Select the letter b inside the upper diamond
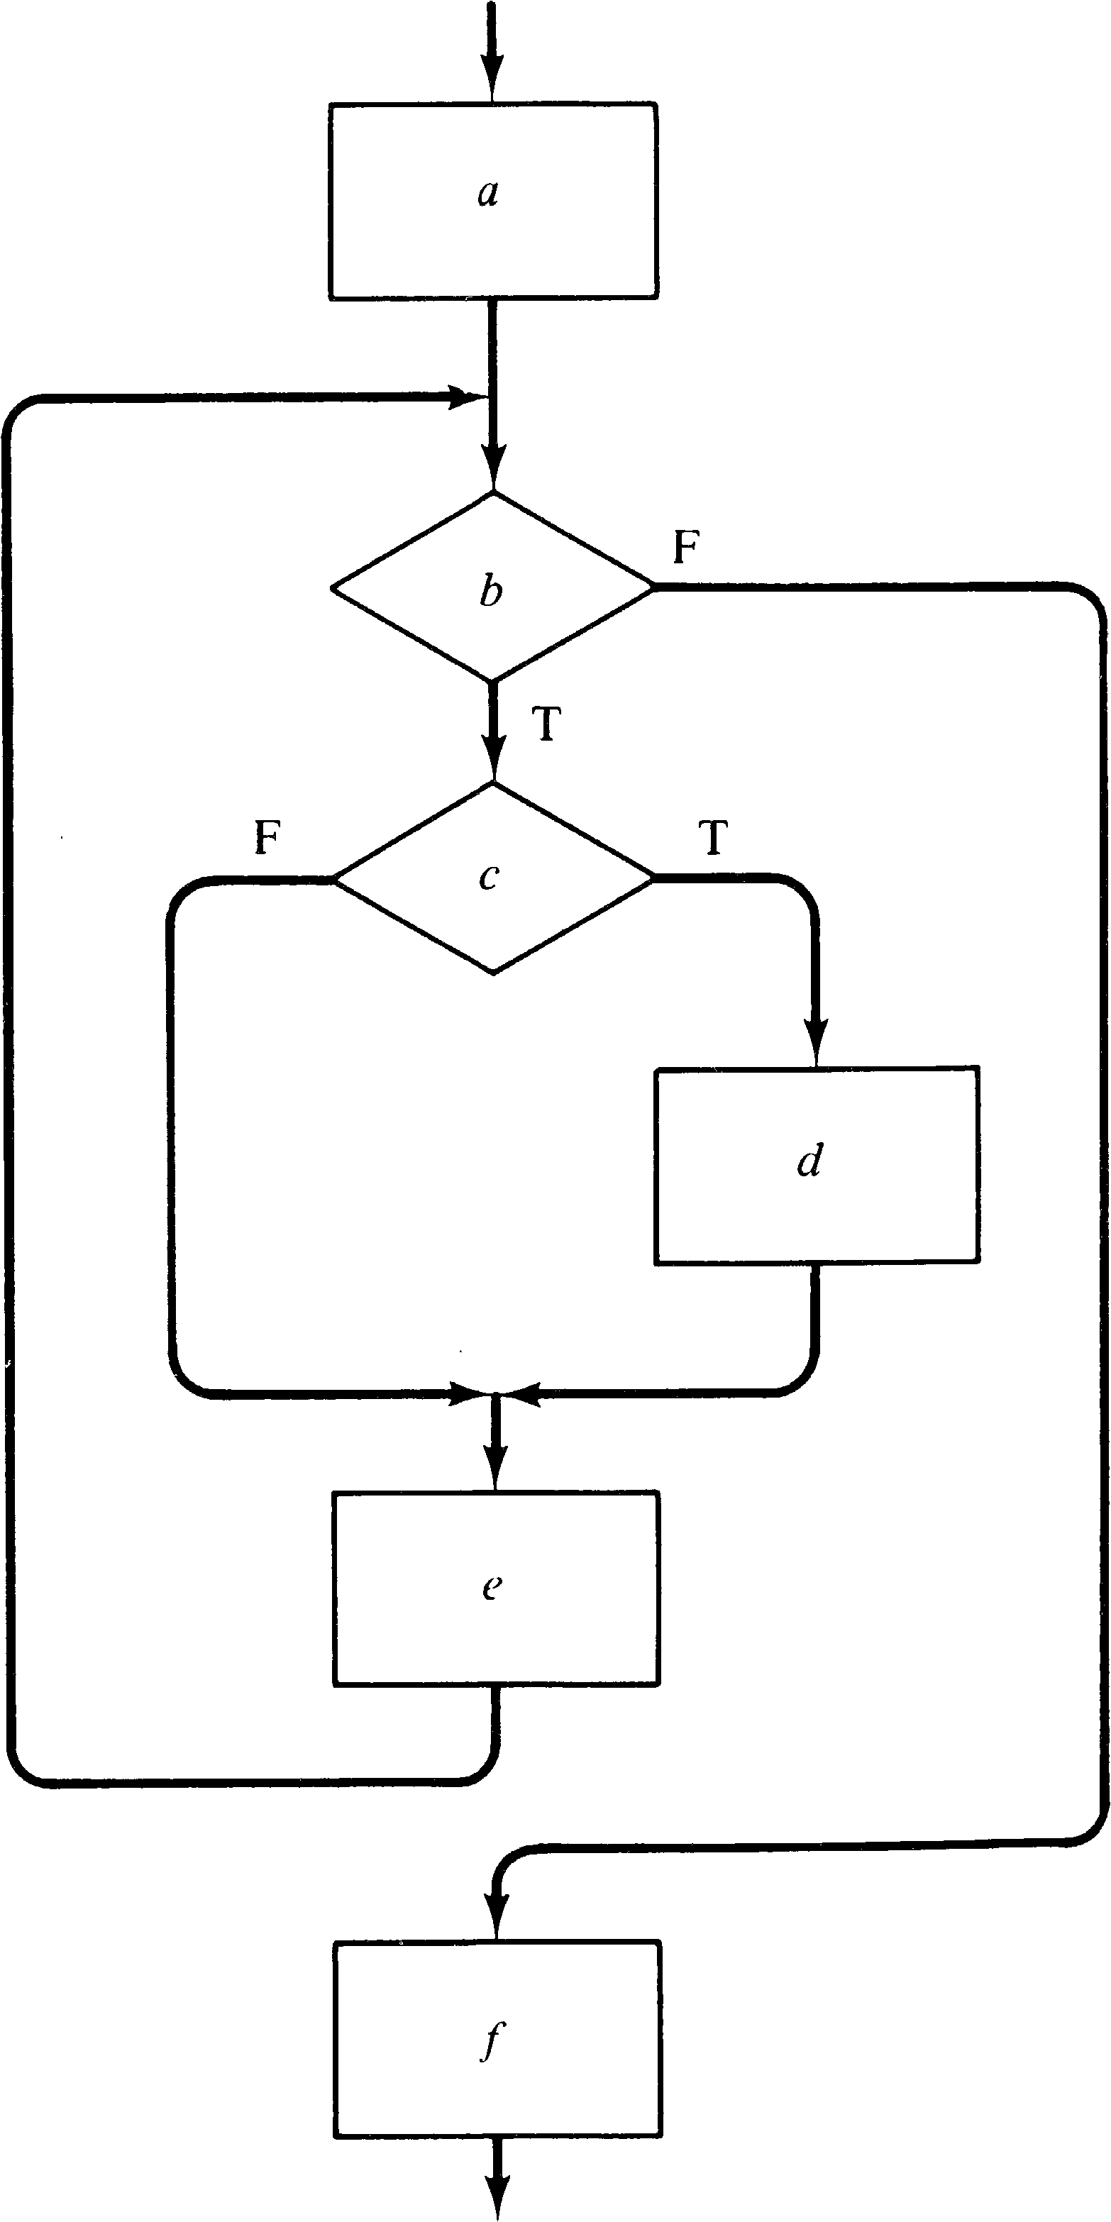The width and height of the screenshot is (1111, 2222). (491, 591)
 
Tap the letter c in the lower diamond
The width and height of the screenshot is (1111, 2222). (489, 876)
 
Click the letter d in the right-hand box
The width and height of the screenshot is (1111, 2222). (809, 1162)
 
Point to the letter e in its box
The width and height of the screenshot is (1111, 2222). (492, 1587)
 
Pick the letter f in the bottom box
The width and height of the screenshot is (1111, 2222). (492, 2041)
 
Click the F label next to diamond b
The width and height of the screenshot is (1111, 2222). (686, 547)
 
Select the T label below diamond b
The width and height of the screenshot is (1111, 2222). (547, 724)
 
